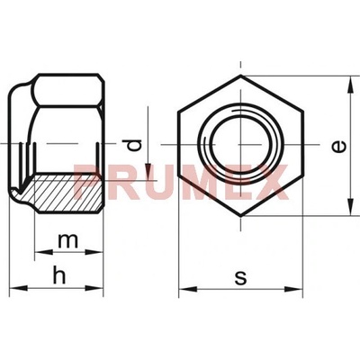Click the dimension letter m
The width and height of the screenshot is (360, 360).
click(68, 240)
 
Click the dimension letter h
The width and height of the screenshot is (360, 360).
click(59, 275)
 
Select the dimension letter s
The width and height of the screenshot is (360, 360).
click(240, 278)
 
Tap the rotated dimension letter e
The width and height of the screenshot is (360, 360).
click(339, 147)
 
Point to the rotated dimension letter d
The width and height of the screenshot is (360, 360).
click(133, 145)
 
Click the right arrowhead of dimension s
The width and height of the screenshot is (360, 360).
click(292, 289)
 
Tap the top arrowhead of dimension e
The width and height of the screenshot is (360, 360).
click(350, 85)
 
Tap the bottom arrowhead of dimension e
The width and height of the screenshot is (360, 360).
click(350, 206)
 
